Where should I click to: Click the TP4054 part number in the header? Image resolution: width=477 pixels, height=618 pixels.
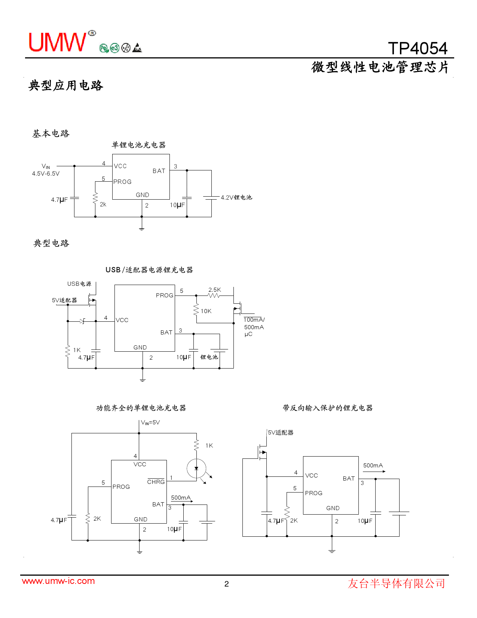pyautogui.click(x=418, y=48)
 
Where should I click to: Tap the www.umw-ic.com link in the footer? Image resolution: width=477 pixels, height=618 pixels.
pyautogui.click(x=58, y=581)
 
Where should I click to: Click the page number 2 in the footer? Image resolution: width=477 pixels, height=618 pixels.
pyautogui.click(x=226, y=584)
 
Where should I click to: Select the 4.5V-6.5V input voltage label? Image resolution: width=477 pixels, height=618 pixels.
pyautogui.click(x=46, y=173)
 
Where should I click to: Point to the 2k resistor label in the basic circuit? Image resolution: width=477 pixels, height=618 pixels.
pyautogui.click(x=103, y=204)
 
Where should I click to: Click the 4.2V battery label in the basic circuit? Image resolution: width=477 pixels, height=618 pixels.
pyautogui.click(x=236, y=197)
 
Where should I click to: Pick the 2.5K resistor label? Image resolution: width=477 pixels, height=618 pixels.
pyautogui.click(x=214, y=290)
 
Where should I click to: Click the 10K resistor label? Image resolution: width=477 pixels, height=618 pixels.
pyautogui.click(x=206, y=311)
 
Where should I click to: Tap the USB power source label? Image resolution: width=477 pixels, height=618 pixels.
pyautogui.click(x=79, y=284)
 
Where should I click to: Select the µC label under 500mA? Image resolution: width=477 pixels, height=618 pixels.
pyautogui.click(x=248, y=334)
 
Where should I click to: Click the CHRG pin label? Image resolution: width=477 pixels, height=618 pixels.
pyautogui.click(x=156, y=482)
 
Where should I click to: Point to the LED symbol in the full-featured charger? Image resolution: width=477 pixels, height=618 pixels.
pyautogui.click(x=196, y=468)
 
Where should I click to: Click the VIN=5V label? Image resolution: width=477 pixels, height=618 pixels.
pyautogui.click(x=150, y=422)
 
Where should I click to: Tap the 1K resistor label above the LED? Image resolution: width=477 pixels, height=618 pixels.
pyautogui.click(x=209, y=445)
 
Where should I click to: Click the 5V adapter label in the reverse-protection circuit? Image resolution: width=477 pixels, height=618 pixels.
pyautogui.click(x=281, y=432)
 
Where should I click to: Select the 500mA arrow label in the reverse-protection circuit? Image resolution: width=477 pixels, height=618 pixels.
pyautogui.click(x=373, y=465)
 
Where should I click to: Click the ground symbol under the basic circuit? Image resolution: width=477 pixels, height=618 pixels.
pyautogui.click(x=142, y=228)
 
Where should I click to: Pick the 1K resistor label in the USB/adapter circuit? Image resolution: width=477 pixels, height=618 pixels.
pyautogui.click(x=77, y=350)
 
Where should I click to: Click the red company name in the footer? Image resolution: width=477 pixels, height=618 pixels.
pyautogui.click(x=396, y=583)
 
